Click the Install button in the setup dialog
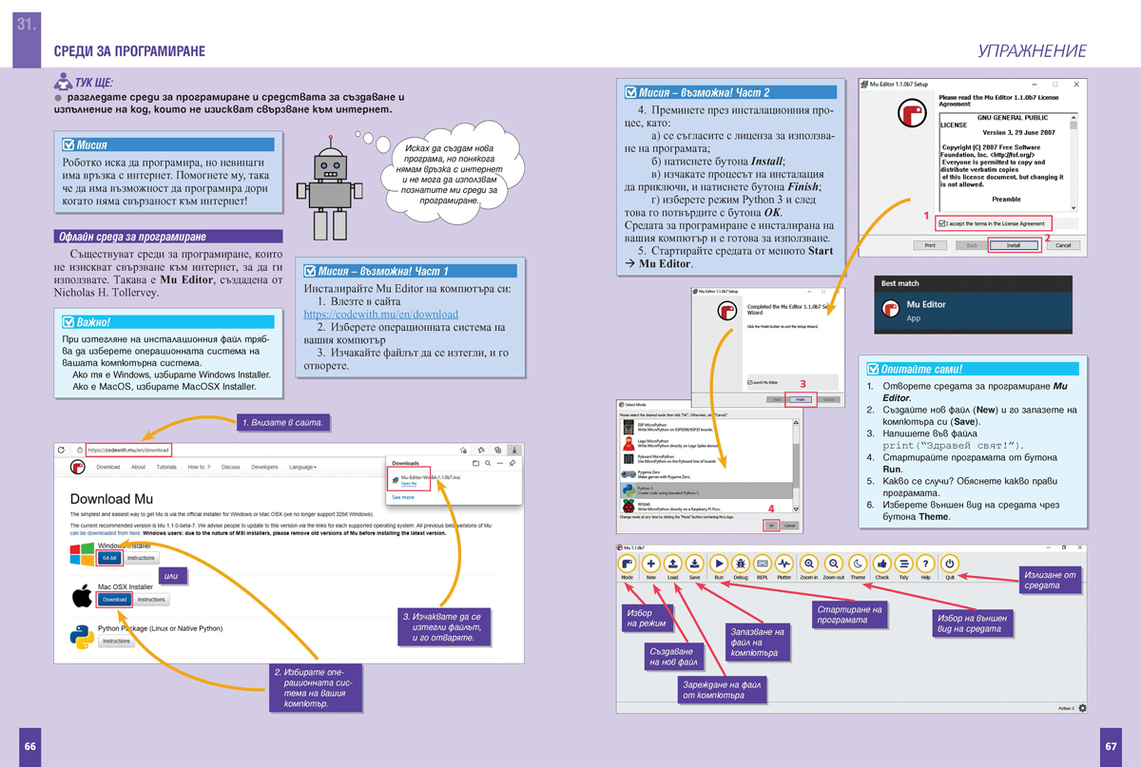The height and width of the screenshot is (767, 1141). (x=1014, y=245)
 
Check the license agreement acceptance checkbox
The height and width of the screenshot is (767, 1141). (x=942, y=223)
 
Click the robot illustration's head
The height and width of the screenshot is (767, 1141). (x=331, y=167)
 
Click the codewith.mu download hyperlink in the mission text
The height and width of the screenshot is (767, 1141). (x=380, y=314)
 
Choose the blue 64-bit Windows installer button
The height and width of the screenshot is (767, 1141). (x=109, y=558)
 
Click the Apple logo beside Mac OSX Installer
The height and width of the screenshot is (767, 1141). (x=83, y=596)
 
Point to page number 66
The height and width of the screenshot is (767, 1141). (x=29, y=746)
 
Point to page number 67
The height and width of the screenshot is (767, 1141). (x=1110, y=746)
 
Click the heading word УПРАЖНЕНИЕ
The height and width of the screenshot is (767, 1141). (x=1032, y=51)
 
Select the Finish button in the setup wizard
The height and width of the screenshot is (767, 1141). (x=801, y=399)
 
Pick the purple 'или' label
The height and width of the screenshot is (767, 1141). (x=171, y=575)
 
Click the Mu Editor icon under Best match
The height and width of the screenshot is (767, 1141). (x=891, y=310)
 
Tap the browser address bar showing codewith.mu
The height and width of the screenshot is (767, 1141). (x=128, y=450)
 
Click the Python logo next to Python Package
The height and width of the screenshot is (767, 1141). (x=82, y=636)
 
